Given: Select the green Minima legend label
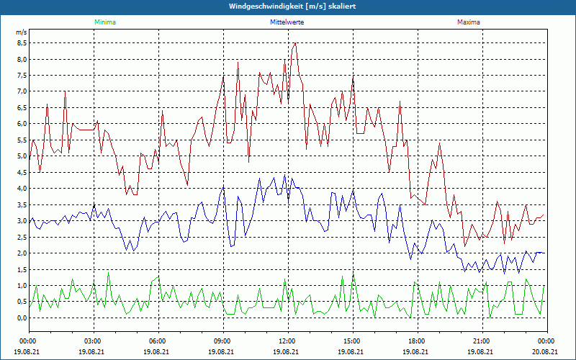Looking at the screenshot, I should pos(104,22).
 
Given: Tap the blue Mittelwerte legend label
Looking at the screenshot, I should pos(287,22).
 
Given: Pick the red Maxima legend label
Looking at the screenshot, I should pos(468,22).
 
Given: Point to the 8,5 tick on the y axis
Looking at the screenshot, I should pos(22,42).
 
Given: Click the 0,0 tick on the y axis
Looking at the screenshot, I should pos(22,318).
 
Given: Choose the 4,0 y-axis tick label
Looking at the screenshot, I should pos(22,188).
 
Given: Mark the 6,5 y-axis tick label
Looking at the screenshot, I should pos(22,107).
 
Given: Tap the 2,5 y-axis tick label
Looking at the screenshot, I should pos(22,237).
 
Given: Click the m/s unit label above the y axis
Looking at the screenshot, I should pos(21,32).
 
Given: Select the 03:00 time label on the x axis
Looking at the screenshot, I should pos(93,341).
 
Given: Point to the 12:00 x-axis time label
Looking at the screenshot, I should pos(287,341).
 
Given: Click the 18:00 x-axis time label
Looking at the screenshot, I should pos(417,341).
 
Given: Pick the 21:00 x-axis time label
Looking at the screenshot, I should pos(482,341).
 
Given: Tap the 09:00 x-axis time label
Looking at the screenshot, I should pos(222,341).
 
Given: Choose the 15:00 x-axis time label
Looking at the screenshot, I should pos(352,341).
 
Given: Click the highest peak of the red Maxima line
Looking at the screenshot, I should pos(294,43).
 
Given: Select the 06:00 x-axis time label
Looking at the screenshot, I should pos(158,341).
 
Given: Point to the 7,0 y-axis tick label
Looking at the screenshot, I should pos(22,91).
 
